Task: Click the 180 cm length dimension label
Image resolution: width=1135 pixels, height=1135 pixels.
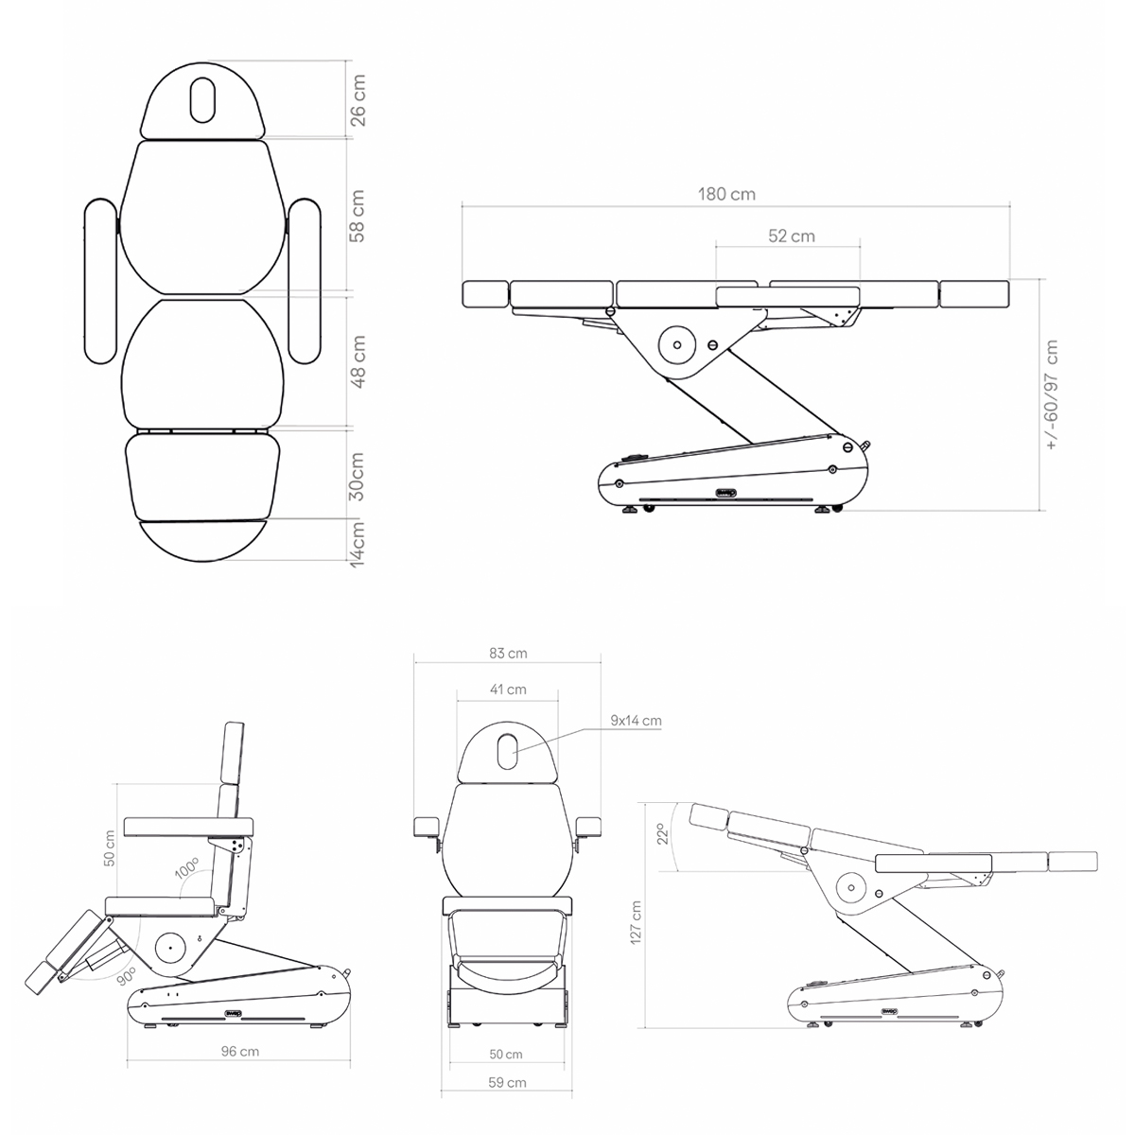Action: coord(726,195)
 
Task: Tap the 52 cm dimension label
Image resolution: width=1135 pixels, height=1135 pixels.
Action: coord(792,236)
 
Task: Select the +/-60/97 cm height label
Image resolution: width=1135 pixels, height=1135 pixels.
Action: coord(1052,394)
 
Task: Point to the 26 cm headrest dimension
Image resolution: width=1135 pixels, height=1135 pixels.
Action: coord(358,100)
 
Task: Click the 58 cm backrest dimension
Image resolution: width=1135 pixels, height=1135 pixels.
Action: coord(358,217)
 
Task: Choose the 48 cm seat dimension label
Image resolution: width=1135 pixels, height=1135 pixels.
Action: coord(358,361)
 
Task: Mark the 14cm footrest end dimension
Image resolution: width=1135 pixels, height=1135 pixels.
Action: coord(358,544)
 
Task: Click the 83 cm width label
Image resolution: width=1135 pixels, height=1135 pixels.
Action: coord(508,654)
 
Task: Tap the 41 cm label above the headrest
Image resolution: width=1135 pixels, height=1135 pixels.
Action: coord(508,690)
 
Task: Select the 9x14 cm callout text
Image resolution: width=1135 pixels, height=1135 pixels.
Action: coord(636,721)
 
